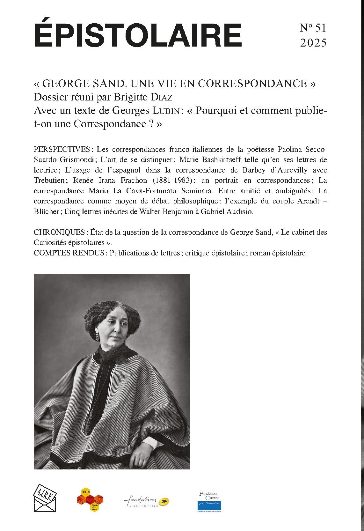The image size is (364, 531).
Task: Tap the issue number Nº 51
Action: tap(313, 28)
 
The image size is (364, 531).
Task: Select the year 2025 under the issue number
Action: tap(313, 43)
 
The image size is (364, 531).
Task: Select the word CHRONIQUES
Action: tap(59, 232)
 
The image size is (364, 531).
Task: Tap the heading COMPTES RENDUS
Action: tap(69, 253)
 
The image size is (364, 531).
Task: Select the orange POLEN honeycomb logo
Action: tap(91, 499)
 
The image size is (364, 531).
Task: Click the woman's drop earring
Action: tap(97, 336)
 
